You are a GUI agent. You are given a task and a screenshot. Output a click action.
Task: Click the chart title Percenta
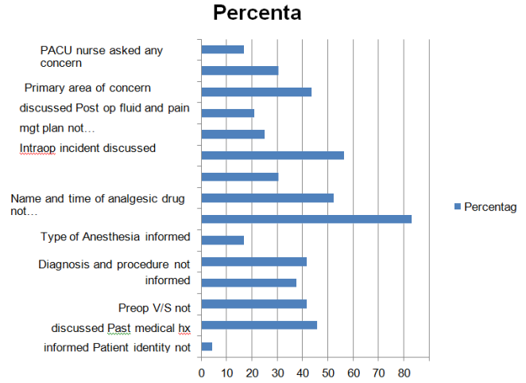(x=257, y=14)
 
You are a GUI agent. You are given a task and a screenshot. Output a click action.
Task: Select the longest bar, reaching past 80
(x=306, y=218)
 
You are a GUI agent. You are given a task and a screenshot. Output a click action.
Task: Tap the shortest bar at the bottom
(x=207, y=346)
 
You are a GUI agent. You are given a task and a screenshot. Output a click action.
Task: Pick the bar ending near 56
(x=273, y=155)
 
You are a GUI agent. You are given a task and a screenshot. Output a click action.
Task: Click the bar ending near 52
(x=267, y=197)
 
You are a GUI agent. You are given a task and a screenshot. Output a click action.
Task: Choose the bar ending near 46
(x=259, y=325)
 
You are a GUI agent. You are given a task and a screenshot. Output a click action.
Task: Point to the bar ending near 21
(x=228, y=113)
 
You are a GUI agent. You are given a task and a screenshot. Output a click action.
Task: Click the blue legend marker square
(x=456, y=207)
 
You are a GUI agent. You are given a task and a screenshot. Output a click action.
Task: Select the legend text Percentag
(x=490, y=207)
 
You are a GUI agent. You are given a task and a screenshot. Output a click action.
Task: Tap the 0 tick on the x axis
(x=201, y=372)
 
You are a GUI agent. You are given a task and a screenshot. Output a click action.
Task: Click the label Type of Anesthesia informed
(x=115, y=236)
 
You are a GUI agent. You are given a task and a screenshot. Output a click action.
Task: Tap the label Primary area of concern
(x=87, y=88)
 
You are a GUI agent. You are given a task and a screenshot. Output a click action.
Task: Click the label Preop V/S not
(x=154, y=308)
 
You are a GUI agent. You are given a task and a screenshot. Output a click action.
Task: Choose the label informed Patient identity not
(x=117, y=347)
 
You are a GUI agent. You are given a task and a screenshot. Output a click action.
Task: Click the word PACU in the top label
(x=55, y=50)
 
